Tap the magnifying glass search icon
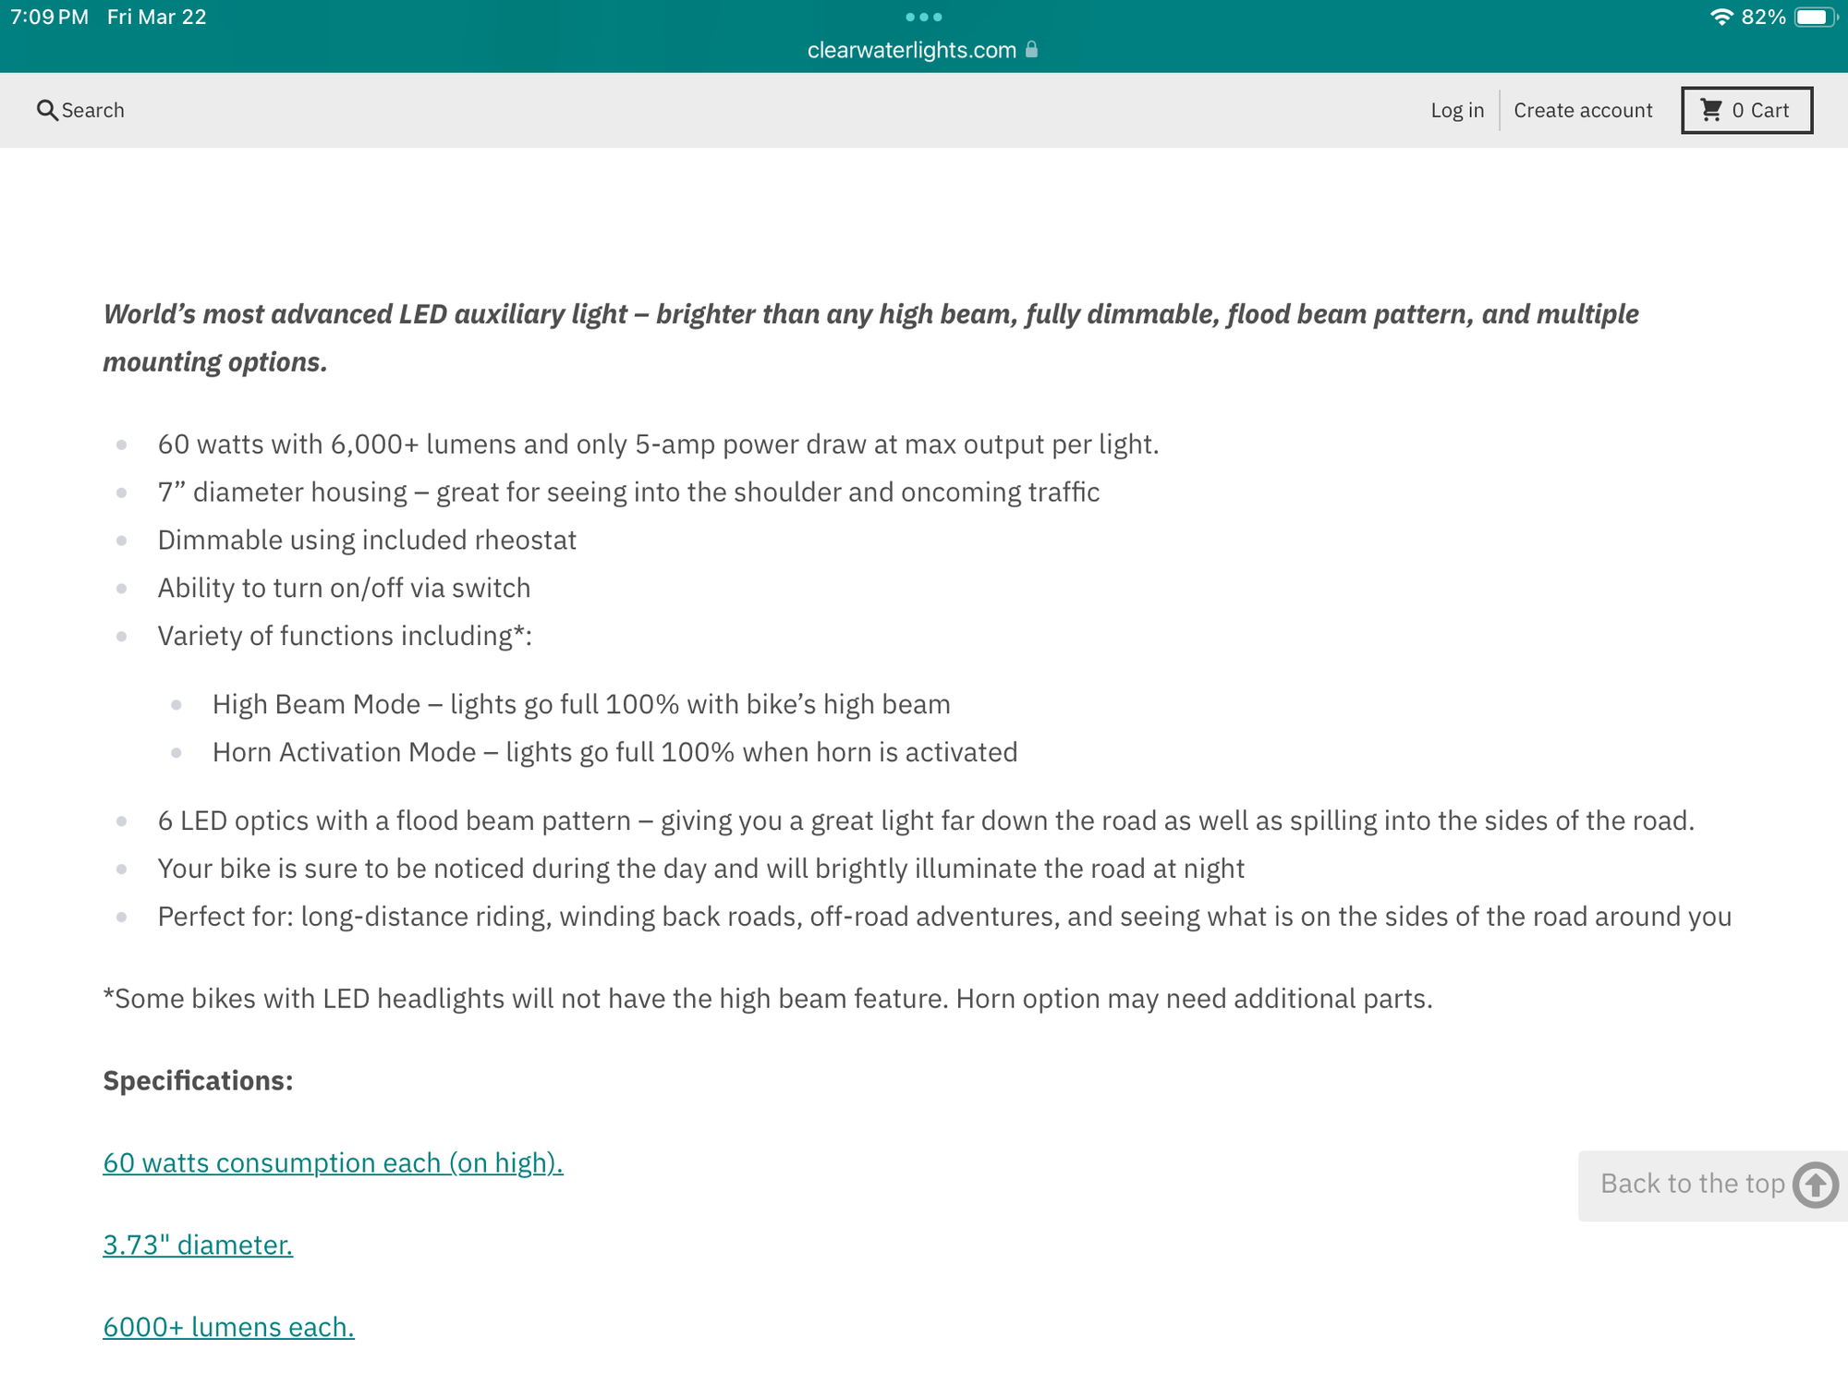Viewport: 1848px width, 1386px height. [46, 111]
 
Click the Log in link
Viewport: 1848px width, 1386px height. [1457, 111]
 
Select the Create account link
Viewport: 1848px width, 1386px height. [1583, 111]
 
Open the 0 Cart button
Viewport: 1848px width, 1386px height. [1746, 111]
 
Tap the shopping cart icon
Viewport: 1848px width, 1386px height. [1711, 110]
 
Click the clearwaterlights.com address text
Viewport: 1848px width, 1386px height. [911, 50]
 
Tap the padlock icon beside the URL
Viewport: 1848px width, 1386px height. [1032, 50]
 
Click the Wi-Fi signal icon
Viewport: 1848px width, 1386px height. [1720, 18]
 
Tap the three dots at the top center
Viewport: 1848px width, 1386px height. [924, 17]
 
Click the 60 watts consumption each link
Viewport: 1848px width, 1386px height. [333, 1162]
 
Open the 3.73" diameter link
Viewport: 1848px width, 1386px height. [198, 1245]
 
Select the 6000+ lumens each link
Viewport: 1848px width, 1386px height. [228, 1327]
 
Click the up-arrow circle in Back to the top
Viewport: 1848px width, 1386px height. [1816, 1185]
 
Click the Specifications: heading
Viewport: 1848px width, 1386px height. [198, 1080]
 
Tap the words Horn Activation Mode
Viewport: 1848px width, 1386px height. [344, 752]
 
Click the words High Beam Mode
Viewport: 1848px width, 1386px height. [316, 704]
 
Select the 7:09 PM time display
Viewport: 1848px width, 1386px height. [50, 18]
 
